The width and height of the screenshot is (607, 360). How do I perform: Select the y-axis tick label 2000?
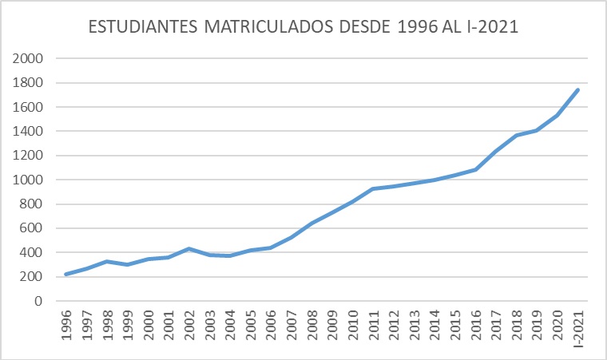(x=28, y=58)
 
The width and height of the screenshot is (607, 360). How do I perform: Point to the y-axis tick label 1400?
(x=28, y=131)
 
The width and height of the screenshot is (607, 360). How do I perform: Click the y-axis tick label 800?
(x=32, y=204)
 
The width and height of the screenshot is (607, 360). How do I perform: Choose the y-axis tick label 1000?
(x=28, y=180)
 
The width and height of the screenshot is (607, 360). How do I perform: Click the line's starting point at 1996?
(x=66, y=274)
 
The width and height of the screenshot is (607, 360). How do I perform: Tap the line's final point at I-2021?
(x=577, y=89)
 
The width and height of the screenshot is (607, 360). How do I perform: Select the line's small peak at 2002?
(x=189, y=248)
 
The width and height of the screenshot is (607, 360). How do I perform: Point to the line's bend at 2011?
(x=373, y=188)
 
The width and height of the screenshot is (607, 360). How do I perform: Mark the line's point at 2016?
(x=475, y=169)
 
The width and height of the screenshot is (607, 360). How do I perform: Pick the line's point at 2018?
(x=516, y=135)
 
